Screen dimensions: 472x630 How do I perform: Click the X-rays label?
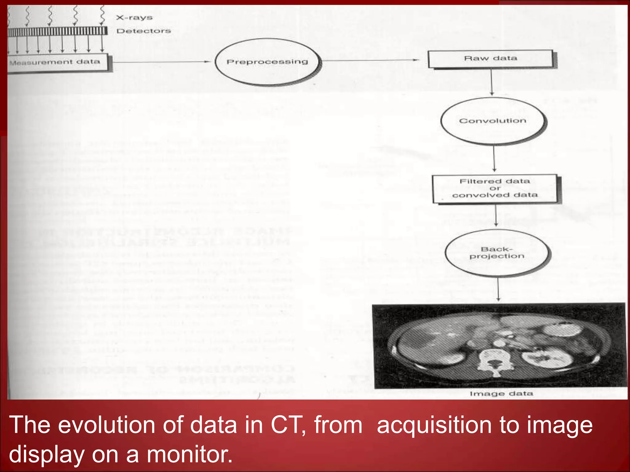134,18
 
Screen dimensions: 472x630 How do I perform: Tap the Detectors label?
143,31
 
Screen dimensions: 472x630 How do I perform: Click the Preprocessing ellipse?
267,62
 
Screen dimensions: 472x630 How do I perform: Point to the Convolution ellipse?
492,121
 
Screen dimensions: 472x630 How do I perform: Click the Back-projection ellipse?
496,253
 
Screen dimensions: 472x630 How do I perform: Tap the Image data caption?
501,394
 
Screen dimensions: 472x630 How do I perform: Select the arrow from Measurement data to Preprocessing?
160,62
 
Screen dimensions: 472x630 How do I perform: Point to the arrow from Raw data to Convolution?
492,82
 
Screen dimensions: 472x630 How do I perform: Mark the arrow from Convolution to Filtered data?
494,158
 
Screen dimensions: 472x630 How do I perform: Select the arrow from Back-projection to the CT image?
498,289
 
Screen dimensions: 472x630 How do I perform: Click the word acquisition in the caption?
434,425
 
